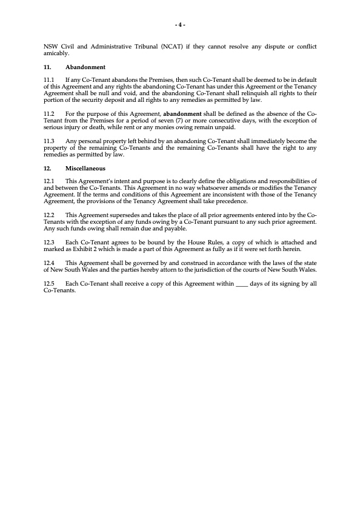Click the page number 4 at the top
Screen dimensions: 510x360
click(180, 25)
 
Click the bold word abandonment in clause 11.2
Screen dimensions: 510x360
click(184, 113)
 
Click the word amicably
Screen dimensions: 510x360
click(57, 53)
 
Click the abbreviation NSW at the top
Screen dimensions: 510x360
click(52, 47)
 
